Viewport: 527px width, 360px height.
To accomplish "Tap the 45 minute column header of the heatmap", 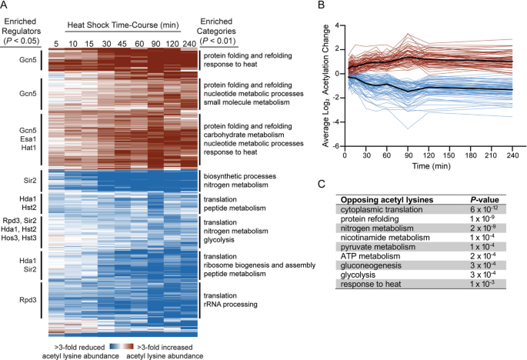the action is click(x=122, y=44).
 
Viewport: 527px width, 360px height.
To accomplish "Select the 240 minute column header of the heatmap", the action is click(x=189, y=44).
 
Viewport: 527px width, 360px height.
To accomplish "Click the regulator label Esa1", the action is click(x=29, y=138).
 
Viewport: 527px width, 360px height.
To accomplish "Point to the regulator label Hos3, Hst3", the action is click(x=18, y=238).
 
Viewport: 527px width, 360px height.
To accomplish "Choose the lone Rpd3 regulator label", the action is click(x=28, y=299).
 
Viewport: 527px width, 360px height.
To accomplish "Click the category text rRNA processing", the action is click(x=231, y=304).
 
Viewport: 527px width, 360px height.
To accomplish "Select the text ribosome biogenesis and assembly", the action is click(x=259, y=265).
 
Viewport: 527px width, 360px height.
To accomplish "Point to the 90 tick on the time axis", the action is click(x=409, y=155).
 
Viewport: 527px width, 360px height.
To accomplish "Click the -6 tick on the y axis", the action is click(x=335, y=147).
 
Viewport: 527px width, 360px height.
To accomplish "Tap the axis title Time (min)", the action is click(x=431, y=166).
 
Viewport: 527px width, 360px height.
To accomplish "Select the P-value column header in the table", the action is click(x=485, y=200).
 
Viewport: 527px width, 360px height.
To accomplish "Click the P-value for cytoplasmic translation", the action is click(x=484, y=208).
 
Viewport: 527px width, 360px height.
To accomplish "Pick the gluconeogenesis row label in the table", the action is click(x=371, y=265).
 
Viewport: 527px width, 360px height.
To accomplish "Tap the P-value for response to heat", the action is click(x=482, y=284).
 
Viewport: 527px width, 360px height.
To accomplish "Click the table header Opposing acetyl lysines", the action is click(x=387, y=200).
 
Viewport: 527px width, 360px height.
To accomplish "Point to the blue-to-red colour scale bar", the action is click(x=122, y=347).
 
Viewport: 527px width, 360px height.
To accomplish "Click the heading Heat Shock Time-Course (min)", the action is click(x=123, y=25).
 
